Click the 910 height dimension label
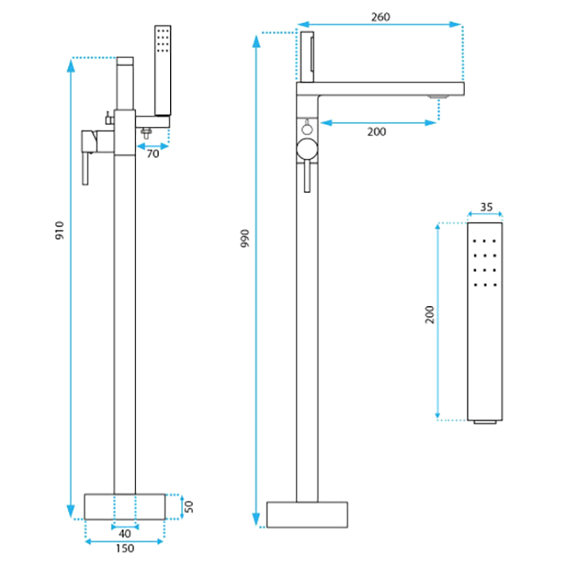(x=59, y=230)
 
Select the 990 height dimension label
(x=245, y=238)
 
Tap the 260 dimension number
(x=381, y=17)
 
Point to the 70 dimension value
(x=152, y=154)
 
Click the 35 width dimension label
(x=486, y=207)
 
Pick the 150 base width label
(x=125, y=548)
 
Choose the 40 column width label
(x=125, y=533)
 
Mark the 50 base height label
(x=189, y=506)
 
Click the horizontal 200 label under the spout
(x=377, y=132)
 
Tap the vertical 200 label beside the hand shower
(x=429, y=314)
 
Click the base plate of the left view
(x=125, y=506)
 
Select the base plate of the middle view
(x=307, y=514)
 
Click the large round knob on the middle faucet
(x=307, y=149)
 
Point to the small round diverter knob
(x=307, y=128)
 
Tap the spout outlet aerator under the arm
(x=438, y=97)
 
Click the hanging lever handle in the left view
(x=85, y=168)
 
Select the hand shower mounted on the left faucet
(x=163, y=70)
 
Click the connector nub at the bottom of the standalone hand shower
(x=484, y=422)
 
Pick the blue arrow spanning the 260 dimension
(x=379, y=24)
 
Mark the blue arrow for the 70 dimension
(x=152, y=146)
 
